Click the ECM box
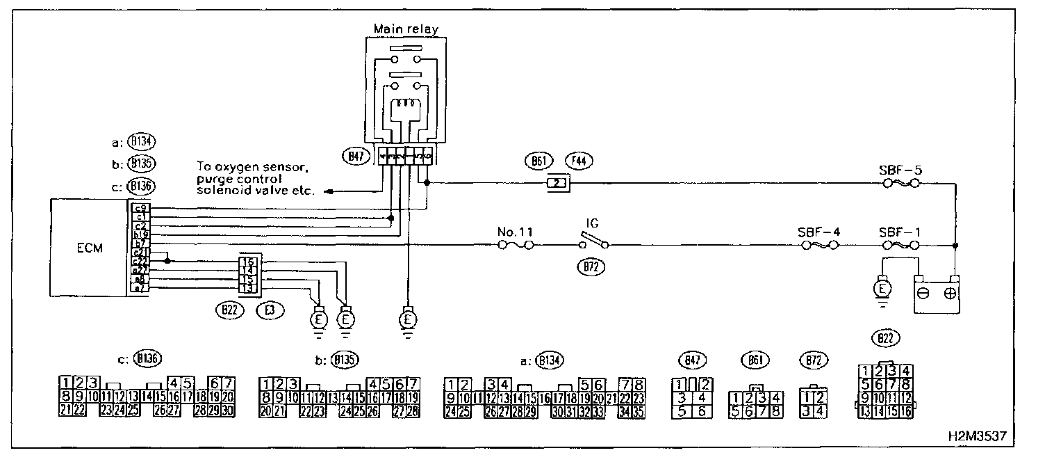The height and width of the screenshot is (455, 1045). (90, 247)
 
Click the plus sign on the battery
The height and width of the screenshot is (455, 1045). (950, 293)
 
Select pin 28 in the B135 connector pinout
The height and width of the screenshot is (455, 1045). (412, 410)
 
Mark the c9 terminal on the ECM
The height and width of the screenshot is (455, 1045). (140, 208)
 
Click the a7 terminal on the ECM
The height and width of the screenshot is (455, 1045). (140, 287)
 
